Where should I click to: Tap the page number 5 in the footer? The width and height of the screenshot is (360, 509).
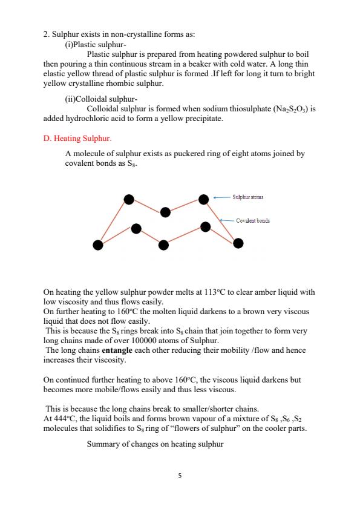pos(180,475)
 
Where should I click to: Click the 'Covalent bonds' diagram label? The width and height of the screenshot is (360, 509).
pos(253,221)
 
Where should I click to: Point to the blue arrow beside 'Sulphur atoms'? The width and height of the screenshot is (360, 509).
pos(222,197)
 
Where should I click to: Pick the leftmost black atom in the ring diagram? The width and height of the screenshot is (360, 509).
pos(97,244)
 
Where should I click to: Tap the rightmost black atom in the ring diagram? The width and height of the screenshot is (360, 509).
pos(238,243)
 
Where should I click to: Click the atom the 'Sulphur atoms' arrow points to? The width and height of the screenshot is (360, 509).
pos(205,199)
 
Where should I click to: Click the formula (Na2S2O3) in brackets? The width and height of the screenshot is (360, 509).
pos(283,110)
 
